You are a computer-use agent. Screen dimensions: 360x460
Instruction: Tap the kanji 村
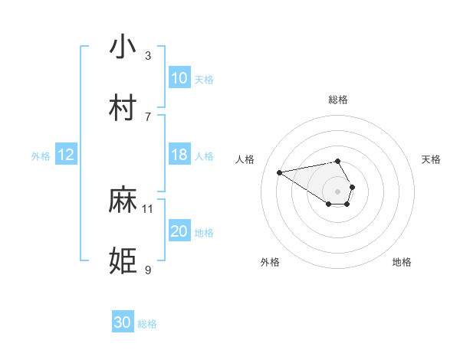tap(123, 108)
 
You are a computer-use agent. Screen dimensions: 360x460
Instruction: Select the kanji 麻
tap(123, 201)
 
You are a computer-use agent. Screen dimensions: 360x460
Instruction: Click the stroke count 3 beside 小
tap(148, 56)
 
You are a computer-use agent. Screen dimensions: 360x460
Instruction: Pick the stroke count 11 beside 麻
tap(148, 208)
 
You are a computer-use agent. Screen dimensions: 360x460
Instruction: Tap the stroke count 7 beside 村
tap(148, 116)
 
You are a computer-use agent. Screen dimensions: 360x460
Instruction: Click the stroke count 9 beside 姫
tap(148, 270)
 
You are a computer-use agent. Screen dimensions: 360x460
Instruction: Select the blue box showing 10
tap(179, 78)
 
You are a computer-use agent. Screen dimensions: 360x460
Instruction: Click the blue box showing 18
tap(179, 155)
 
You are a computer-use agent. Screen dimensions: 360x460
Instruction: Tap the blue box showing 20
tap(179, 231)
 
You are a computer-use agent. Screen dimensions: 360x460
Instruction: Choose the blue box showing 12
tap(66, 155)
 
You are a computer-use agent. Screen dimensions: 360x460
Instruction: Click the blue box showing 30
tap(122, 322)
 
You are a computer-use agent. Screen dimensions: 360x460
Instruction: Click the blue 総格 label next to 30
tap(147, 324)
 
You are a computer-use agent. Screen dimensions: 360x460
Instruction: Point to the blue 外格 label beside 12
tap(41, 156)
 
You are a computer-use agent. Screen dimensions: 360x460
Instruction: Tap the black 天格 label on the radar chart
tap(432, 159)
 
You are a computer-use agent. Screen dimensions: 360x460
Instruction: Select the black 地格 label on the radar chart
tap(402, 262)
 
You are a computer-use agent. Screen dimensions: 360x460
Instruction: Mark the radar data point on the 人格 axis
tap(280, 172)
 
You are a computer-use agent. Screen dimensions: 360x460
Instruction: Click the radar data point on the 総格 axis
tap(337, 161)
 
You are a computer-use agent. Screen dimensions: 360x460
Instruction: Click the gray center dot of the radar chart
tap(337, 191)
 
